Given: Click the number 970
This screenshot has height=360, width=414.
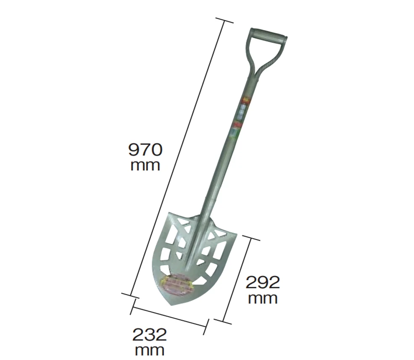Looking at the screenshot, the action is click(x=145, y=150).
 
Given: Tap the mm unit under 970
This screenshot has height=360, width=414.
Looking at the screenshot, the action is click(x=145, y=166).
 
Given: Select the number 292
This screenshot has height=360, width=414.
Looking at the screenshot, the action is click(x=263, y=282).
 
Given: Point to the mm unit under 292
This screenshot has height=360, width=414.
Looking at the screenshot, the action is click(x=263, y=299).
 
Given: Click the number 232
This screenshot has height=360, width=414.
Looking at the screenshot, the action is click(x=150, y=335).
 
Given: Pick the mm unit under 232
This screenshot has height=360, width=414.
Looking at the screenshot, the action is click(x=150, y=351).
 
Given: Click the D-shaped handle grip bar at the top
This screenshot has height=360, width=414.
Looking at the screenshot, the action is click(x=269, y=34).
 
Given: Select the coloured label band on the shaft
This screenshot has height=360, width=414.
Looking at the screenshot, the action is click(x=240, y=116).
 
